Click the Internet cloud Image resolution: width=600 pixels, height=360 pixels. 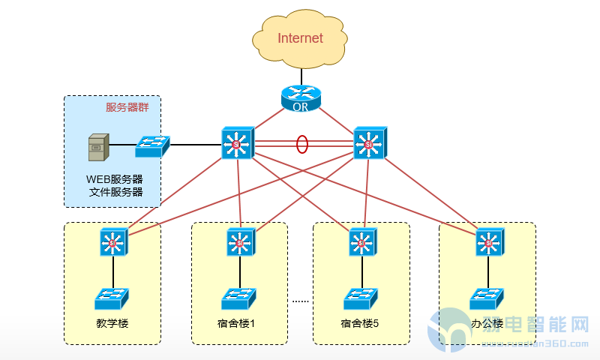click(300, 38)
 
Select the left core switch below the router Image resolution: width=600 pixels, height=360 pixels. click(238, 142)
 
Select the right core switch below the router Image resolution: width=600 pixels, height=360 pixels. click(369, 142)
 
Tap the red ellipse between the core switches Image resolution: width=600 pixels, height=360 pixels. click(302, 143)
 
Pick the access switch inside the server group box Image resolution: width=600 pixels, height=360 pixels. click(152, 146)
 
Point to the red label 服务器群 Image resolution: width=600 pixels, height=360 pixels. click(127, 107)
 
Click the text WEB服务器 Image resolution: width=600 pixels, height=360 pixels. click(115, 180)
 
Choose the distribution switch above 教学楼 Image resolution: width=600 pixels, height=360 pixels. click(114, 241)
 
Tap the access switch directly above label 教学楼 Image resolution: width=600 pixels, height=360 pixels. click(112, 298)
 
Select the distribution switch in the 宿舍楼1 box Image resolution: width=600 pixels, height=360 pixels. click(241, 241)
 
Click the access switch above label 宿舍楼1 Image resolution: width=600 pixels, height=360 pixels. click(239, 298)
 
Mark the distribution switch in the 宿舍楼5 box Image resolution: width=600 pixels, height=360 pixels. click(362, 241)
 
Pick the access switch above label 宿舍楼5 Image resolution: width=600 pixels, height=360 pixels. click(362, 298)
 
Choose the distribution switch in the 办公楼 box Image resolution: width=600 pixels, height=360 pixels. click(489, 241)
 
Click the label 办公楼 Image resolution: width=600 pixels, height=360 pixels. click(487, 325)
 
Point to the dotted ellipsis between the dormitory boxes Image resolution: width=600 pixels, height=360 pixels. click(301, 301)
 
